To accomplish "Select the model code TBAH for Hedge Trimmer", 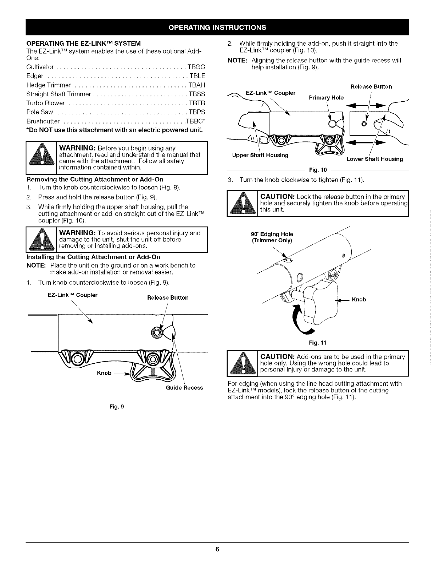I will [x=197, y=85].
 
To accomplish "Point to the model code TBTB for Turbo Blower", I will [x=197, y=103].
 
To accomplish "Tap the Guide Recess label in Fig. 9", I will [x=184, y=387].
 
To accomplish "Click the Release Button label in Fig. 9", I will [x=168, y=297].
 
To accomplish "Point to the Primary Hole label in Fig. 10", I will [x=326, y=98].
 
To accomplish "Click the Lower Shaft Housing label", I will [x=374, y=159].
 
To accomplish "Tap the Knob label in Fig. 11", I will [x=359, y=300].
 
